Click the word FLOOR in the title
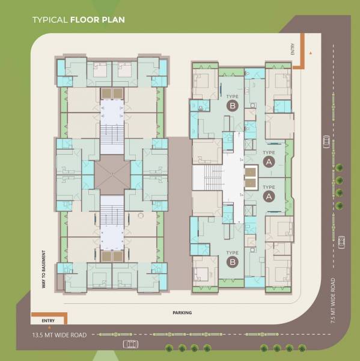(x=85, y=19)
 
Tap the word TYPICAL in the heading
(x=50, y=19)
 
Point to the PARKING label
(x=182, y=313)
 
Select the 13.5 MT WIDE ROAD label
(x=59, y=335)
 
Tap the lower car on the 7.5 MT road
(x=342, y=242)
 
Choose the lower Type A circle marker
(x=269, y=196)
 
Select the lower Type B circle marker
(x=233, y=261)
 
